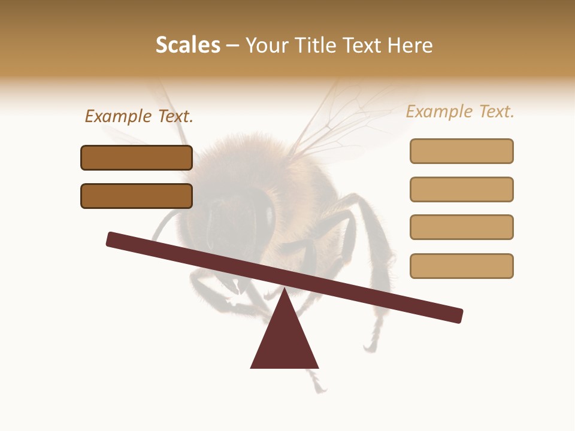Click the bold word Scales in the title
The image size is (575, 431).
(187, 45)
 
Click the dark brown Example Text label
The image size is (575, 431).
(139, 116)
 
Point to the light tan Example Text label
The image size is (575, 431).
(460, 111)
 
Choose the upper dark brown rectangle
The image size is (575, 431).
(137, 157)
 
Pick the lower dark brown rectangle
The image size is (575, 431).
(137, 196)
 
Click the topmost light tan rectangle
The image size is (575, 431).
(461, 151)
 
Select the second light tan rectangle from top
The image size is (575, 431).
(461, 189)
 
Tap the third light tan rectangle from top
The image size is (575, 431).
(461, 227)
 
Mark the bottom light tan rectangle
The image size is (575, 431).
(461, 266)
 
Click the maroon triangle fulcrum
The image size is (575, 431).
(285, 338)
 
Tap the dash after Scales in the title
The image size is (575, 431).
(233, 46)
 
